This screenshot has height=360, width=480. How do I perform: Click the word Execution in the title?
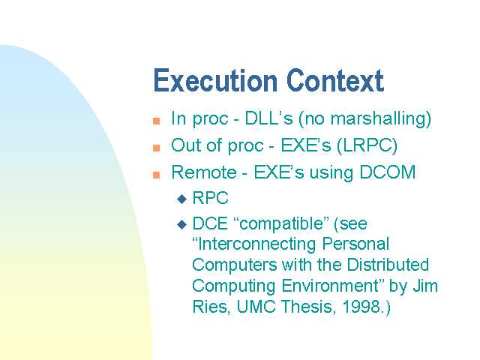click(215, 80)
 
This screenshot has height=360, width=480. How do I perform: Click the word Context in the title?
click(335, 80)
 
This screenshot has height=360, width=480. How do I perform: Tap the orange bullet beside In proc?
click(157, 121)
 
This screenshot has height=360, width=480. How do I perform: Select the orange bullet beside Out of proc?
click(157, 148)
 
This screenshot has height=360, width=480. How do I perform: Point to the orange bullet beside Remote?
click(157, 175)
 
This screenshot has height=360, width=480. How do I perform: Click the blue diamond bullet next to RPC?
click(181, 199)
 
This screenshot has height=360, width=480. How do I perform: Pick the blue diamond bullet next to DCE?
click(181, 225)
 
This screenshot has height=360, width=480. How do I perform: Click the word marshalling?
click(378, 118)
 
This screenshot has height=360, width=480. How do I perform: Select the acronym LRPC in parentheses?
click(367, 145)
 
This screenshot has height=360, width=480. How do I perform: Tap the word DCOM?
click(388, 172)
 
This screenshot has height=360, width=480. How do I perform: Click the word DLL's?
click(268, 118)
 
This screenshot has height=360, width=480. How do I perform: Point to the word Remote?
click(204, 172)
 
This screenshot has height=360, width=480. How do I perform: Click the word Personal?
click(355, 244)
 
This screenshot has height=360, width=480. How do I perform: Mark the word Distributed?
click(388, 265)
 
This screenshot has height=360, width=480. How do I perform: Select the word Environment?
click(330, 286)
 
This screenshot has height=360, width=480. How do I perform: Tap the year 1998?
click(361, 307)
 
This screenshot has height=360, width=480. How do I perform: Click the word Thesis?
click(307, 307)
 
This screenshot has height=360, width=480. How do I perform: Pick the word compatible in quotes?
click(281, 223)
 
